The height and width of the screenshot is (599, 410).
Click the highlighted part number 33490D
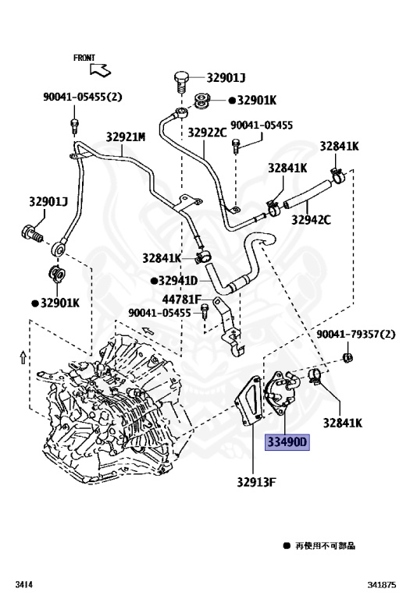(x=287, y=442)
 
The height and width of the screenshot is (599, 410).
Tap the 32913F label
(x=256, y=482)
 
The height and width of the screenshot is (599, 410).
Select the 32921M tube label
(x=126, y=136)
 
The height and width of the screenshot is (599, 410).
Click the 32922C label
(x=207, y=132)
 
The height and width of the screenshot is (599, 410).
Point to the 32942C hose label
(x=311, y=220)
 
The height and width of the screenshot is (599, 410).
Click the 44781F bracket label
(x=181, y=299)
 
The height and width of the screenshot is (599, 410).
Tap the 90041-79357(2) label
(x=355, y=335)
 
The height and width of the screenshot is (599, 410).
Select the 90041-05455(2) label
(x=83, y=97)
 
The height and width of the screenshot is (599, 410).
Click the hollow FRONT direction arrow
(x=100, y=70)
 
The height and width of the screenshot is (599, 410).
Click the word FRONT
(x=84, y=58)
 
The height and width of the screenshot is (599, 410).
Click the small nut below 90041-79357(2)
(x=347, y=358)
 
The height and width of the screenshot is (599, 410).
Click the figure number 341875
(x=382, y=584)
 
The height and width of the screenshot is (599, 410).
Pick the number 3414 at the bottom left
(x=23, y=584)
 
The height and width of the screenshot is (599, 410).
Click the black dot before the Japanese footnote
(x=287, y=545)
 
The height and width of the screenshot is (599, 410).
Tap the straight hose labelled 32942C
(x=307, y=194)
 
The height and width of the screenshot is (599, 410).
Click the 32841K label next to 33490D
(x=342, y=423)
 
